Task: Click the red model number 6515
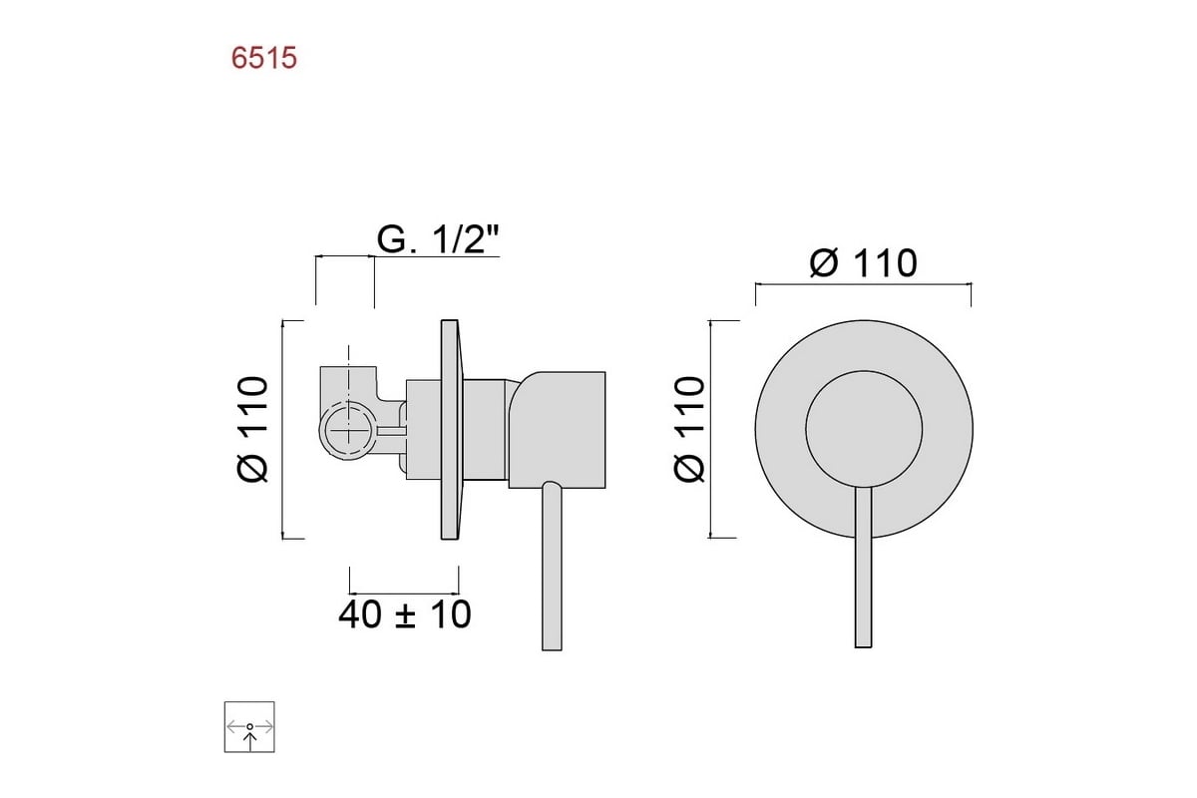click(264, 58)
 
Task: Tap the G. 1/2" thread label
click(438, 239)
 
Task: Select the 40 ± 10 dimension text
click(405, 614)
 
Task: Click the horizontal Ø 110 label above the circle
click(864, 263)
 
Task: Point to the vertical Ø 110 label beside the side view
click(252, 430)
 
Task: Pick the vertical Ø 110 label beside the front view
click(689, 430)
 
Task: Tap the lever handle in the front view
click(864, 568)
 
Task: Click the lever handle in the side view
click(552, 567)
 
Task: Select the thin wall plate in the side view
click(450, 430)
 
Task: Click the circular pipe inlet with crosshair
click(348, 430)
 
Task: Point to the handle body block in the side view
click(557, 430)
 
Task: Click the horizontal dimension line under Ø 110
click(864, 284)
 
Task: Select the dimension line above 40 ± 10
click(404, 593)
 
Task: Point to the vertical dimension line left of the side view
click(282, 430)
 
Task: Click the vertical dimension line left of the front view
click(710, 429)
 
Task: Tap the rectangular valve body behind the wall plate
click(424, 430)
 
